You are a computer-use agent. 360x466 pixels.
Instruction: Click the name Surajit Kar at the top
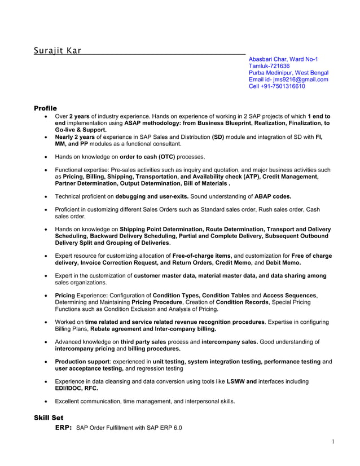(57, 51)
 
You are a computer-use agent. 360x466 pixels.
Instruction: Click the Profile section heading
(45, 107)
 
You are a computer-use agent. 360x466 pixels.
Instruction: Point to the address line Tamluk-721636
(269, 66)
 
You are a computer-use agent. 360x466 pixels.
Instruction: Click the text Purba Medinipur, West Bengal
(288, 73)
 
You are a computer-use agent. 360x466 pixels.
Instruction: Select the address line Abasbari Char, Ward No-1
(283, 59)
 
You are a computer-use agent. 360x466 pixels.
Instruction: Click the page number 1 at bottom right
(333, 441)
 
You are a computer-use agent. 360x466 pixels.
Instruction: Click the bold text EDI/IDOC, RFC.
(76, 389)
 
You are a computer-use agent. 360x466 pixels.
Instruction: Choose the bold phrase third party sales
(143, 341)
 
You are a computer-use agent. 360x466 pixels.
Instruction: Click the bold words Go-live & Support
(81, 129)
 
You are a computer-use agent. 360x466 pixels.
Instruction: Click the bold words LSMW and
(242, 382)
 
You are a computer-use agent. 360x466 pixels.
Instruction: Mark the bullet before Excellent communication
(45, 402)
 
